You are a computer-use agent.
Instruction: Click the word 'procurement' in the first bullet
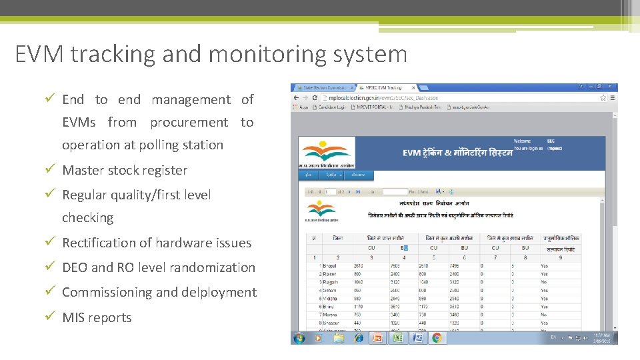(189, 123)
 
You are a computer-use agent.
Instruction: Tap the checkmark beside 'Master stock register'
(49, 170)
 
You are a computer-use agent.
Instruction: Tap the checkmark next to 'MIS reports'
(49, 317)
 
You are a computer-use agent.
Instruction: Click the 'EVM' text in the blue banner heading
(413, 153)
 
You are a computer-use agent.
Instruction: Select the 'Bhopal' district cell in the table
(330, 265)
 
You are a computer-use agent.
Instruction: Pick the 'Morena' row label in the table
(329, 315)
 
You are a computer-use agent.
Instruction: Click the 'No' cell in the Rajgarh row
(544, 282)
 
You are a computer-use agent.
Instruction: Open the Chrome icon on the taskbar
(437, 338)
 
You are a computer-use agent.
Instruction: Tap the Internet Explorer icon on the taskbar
(358, 338)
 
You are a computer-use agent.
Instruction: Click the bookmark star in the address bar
(602, 97)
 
